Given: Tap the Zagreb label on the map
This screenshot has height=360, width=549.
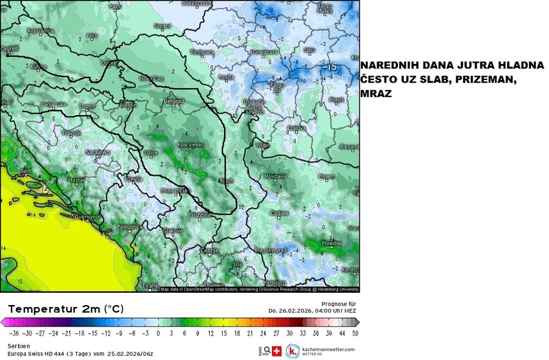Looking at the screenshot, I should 10,48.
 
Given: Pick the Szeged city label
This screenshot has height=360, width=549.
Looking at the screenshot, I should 162,26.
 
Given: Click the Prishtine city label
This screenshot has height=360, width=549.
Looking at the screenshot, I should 200,215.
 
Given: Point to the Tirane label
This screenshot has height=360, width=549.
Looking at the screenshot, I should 150,285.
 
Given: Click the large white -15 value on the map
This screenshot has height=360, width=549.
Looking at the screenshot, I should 329,67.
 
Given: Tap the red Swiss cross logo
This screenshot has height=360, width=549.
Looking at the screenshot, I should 278,351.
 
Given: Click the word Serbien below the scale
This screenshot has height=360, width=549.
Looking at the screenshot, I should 13,345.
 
